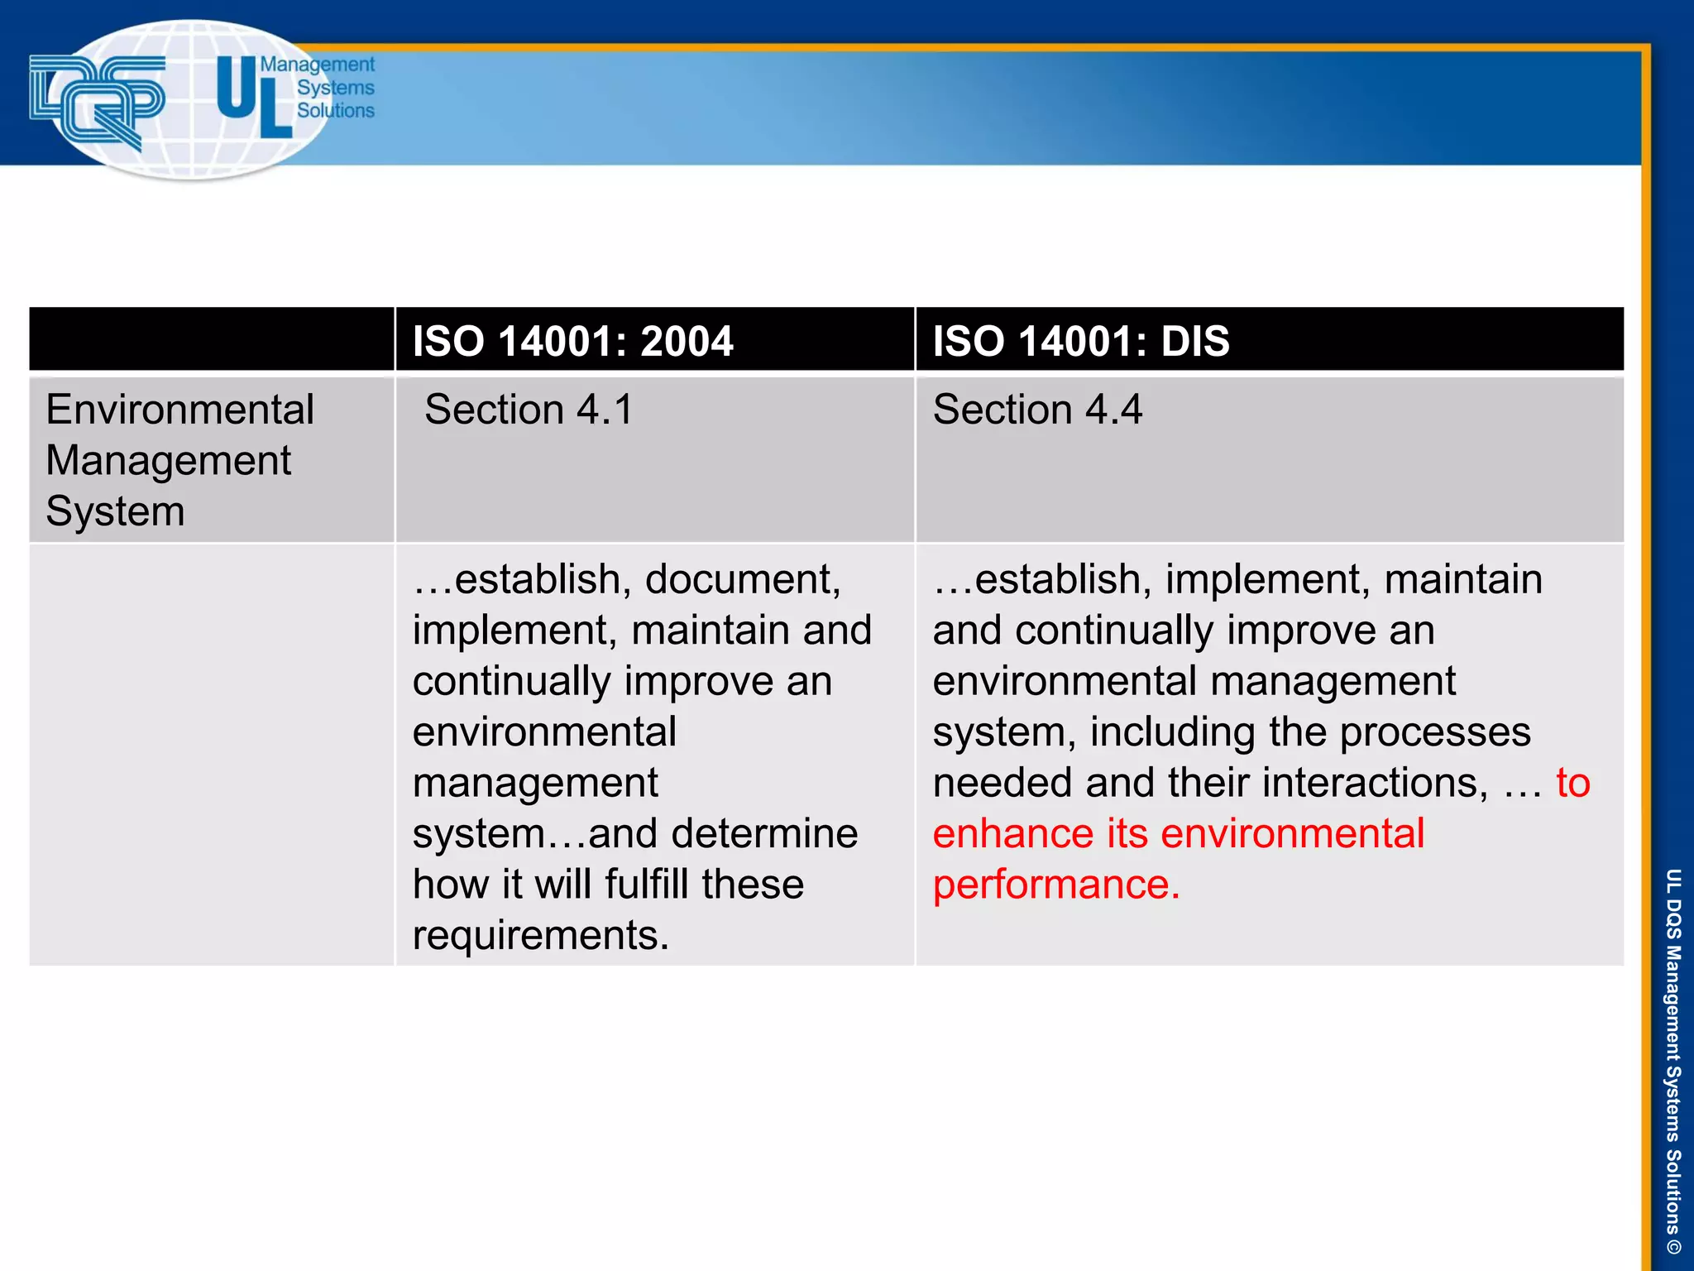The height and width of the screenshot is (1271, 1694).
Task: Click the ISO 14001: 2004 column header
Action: [572, 341]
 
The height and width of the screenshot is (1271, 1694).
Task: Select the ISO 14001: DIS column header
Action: [1080, 341]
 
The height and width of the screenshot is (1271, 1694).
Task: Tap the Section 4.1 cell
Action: [529, 410]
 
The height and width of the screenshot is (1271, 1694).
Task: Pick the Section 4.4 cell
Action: [1037, 410]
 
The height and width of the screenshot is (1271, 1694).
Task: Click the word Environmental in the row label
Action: [179, 410]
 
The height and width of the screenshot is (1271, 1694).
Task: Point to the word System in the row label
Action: [115, 511]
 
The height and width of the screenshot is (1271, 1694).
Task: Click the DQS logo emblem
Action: [97, 101]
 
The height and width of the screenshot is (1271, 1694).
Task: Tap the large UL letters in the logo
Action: [252, 97]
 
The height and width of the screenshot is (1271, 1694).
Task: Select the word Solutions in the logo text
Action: [335, 110]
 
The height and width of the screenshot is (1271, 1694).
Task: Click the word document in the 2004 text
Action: [742, 579]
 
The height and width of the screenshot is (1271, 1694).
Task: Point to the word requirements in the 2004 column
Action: [540, 935]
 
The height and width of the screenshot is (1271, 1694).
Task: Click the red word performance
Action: [1055, 884]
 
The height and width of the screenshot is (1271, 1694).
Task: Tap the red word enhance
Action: [1014, 833]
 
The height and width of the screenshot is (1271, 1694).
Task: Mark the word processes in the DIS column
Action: [1434, 732]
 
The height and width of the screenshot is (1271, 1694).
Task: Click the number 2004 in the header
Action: [686, 341]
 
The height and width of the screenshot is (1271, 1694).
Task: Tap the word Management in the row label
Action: [168, 460]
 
